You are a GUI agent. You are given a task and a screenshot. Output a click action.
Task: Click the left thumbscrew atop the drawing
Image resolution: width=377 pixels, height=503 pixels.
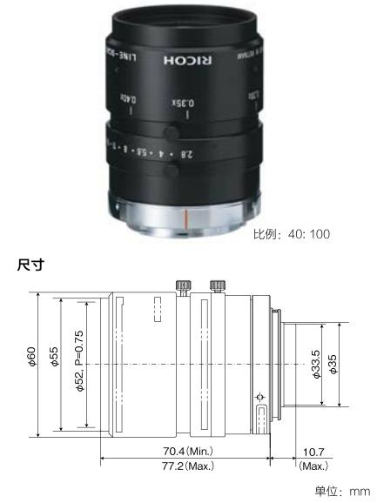184,285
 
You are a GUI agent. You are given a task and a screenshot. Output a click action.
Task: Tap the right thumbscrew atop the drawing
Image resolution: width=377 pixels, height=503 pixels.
214,285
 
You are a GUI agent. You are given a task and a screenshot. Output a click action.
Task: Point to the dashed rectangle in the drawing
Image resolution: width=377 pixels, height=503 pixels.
158,312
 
